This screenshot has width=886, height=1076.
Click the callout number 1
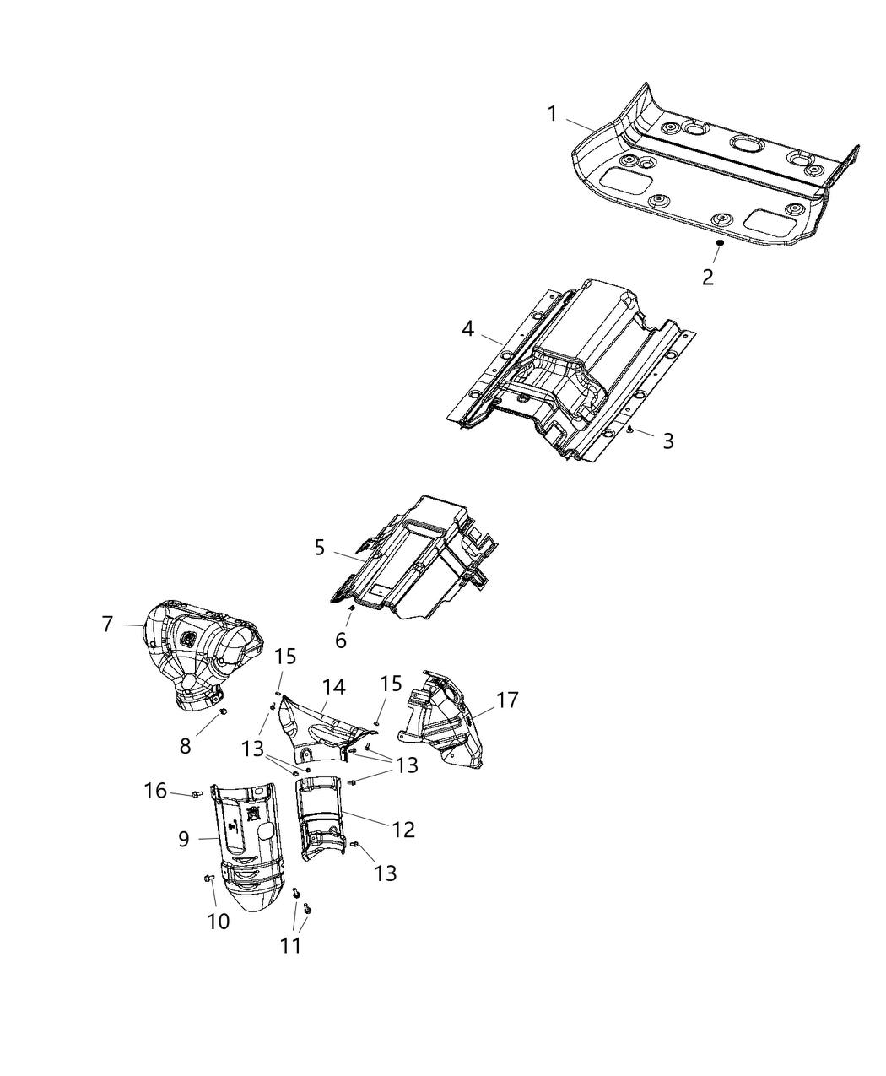click(553, 114)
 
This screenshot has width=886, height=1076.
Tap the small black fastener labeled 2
click(720, 243)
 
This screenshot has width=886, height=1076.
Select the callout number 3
click(667, 441)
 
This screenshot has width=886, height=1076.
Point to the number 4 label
click(467, 328)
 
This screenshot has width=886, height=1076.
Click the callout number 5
click(320, 548)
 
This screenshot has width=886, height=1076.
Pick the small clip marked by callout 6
click(351, 610)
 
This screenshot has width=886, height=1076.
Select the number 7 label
click(107, 625)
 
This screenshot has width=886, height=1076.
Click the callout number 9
click(184, 839)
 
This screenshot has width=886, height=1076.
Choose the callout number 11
click(290, 945)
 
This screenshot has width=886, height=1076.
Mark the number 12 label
click(403, 830)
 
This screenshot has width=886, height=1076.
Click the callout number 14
click(334, 687)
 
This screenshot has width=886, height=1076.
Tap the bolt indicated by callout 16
click(197, 793)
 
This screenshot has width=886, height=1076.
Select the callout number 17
click(507, 700)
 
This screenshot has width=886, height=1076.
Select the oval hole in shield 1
click(746, 144)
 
